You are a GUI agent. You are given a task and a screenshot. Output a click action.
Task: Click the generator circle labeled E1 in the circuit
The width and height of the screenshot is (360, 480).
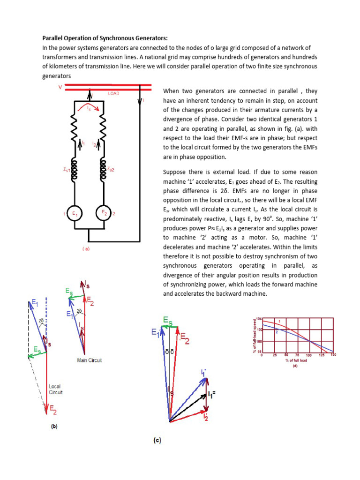(75, 214)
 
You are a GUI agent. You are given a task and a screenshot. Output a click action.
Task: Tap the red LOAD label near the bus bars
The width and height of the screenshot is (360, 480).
(113, 94)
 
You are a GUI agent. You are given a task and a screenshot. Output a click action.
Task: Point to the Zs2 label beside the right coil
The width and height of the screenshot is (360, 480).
(111, 169)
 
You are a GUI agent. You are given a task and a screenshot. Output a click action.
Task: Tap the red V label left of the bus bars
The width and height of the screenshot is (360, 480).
(60, 87)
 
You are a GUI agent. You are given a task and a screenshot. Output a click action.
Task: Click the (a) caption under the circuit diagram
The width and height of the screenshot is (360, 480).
(86, 249)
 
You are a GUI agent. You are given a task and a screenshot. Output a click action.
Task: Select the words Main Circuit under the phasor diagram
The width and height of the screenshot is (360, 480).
(89, 360)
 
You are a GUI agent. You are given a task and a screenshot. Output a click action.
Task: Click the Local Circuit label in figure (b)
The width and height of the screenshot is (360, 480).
(55, 390)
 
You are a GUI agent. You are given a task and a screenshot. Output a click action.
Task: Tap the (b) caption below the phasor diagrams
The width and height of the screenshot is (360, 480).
(54, 427)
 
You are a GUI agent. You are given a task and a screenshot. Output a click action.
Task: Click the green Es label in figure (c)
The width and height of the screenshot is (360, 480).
(167, 321)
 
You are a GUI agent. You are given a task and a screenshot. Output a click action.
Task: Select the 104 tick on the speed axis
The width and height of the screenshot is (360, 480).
(258, 319)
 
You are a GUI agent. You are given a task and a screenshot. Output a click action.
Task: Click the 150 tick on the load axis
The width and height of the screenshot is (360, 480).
(333, 355)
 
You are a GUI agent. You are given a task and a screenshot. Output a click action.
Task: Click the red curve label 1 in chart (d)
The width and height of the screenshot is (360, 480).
(279, 321)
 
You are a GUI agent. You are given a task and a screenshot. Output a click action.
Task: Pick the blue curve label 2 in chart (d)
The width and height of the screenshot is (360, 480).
(277, 331)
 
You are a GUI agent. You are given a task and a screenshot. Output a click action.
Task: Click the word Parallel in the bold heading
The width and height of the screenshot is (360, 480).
(54, 38)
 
